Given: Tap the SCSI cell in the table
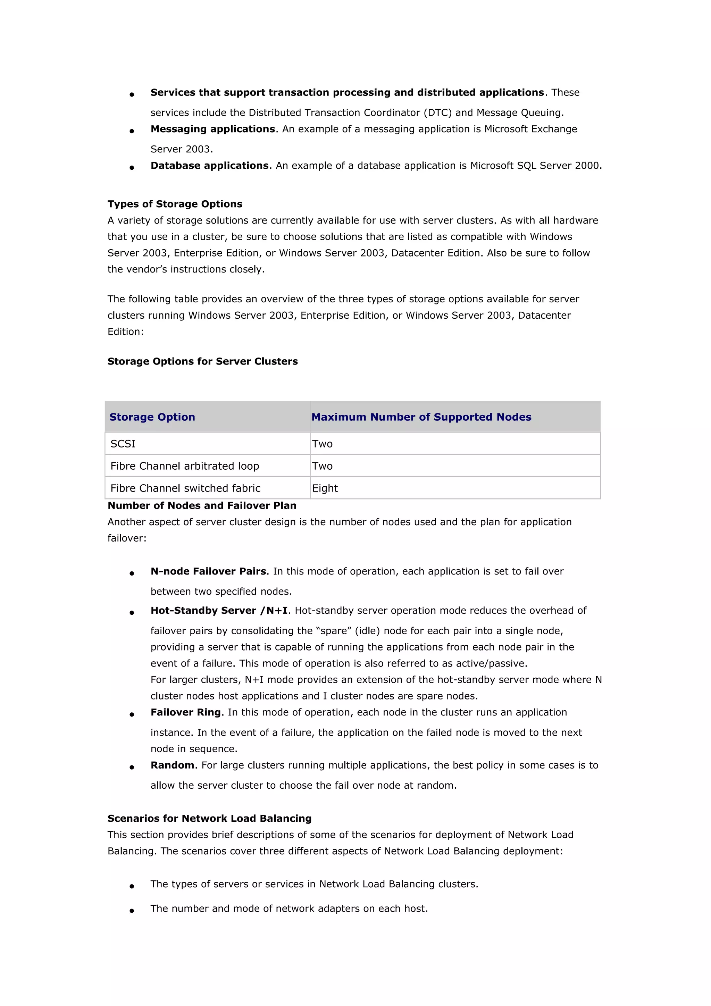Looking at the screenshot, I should (123, 444).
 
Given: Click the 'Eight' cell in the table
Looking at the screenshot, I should (325, 488).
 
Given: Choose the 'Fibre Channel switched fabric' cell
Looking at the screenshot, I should (185, 488).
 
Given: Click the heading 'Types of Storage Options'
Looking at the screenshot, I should (175, 204).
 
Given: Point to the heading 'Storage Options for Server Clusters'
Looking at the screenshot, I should (202, 361).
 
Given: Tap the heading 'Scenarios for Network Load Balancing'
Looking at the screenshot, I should (209, 818).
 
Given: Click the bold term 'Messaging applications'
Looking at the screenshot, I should (213, 129).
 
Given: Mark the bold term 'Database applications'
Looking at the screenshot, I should (209, 165).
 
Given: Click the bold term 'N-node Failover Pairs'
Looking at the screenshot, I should (208, 571).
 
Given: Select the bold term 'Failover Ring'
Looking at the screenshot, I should (185, 712).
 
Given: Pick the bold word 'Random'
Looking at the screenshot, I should (172, 765).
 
